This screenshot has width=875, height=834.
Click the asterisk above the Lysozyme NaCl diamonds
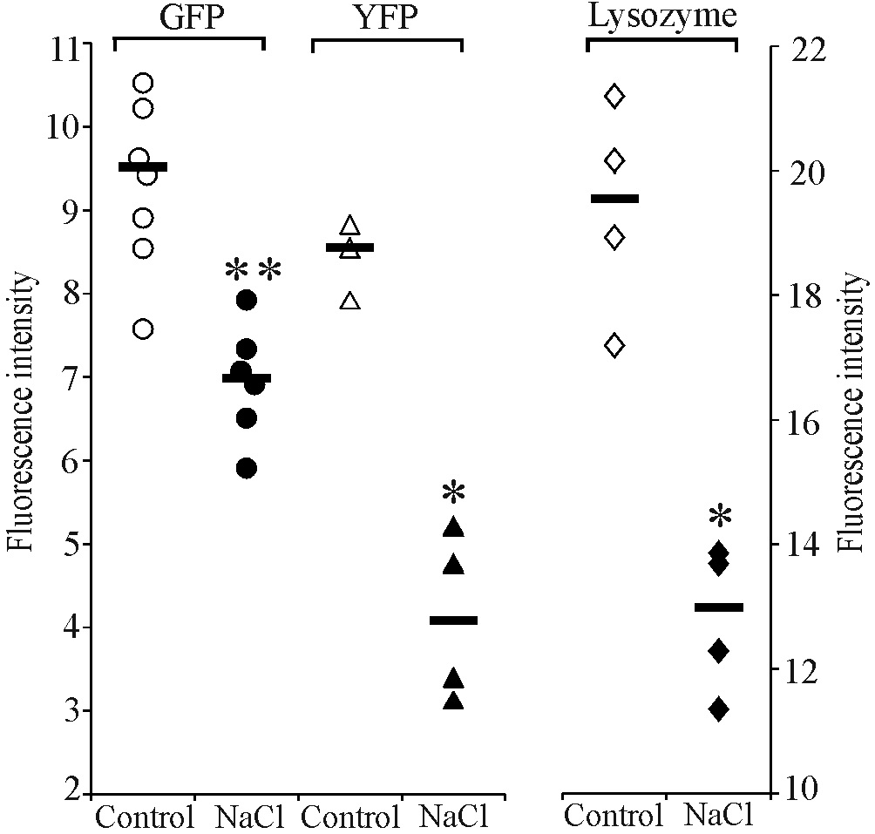[x=720, y=519]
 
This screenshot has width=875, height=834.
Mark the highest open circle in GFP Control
[x=144, y=84]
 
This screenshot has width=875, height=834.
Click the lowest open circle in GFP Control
[x=143, y=329]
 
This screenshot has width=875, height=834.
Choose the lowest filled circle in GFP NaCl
[x=247, y=469]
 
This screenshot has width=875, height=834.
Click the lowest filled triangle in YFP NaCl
[x=453, y=701]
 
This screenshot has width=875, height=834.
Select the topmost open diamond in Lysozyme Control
[x=615, y=96]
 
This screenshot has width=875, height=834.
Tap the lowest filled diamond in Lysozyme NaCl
[x=718, y=709]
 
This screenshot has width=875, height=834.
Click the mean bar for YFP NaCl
[x=453, y=620]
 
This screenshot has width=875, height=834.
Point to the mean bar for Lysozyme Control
[x=615, y=199]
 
